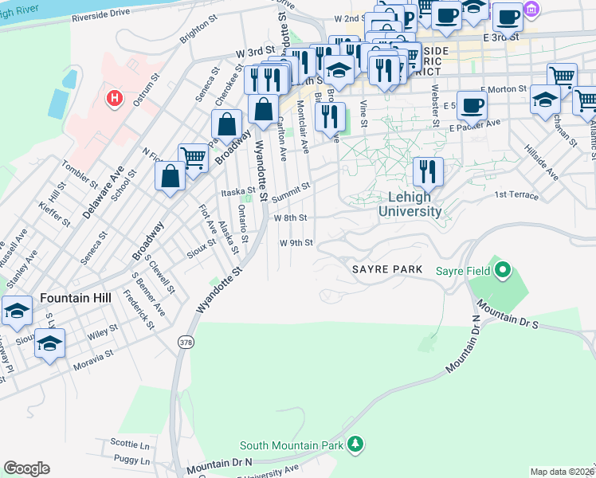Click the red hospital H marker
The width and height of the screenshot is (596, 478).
[116, 99]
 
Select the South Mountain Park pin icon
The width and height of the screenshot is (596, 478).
[358, 444]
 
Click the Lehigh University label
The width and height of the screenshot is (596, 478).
[410, 205]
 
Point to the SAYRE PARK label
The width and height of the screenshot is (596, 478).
[387, 270]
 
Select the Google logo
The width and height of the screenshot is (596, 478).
[26, 468]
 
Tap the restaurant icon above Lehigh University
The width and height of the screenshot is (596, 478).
[428, 170]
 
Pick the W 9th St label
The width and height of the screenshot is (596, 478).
[296, 242]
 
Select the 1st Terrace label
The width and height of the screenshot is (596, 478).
[516, 195]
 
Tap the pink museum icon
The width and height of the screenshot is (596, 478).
[532, 10]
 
